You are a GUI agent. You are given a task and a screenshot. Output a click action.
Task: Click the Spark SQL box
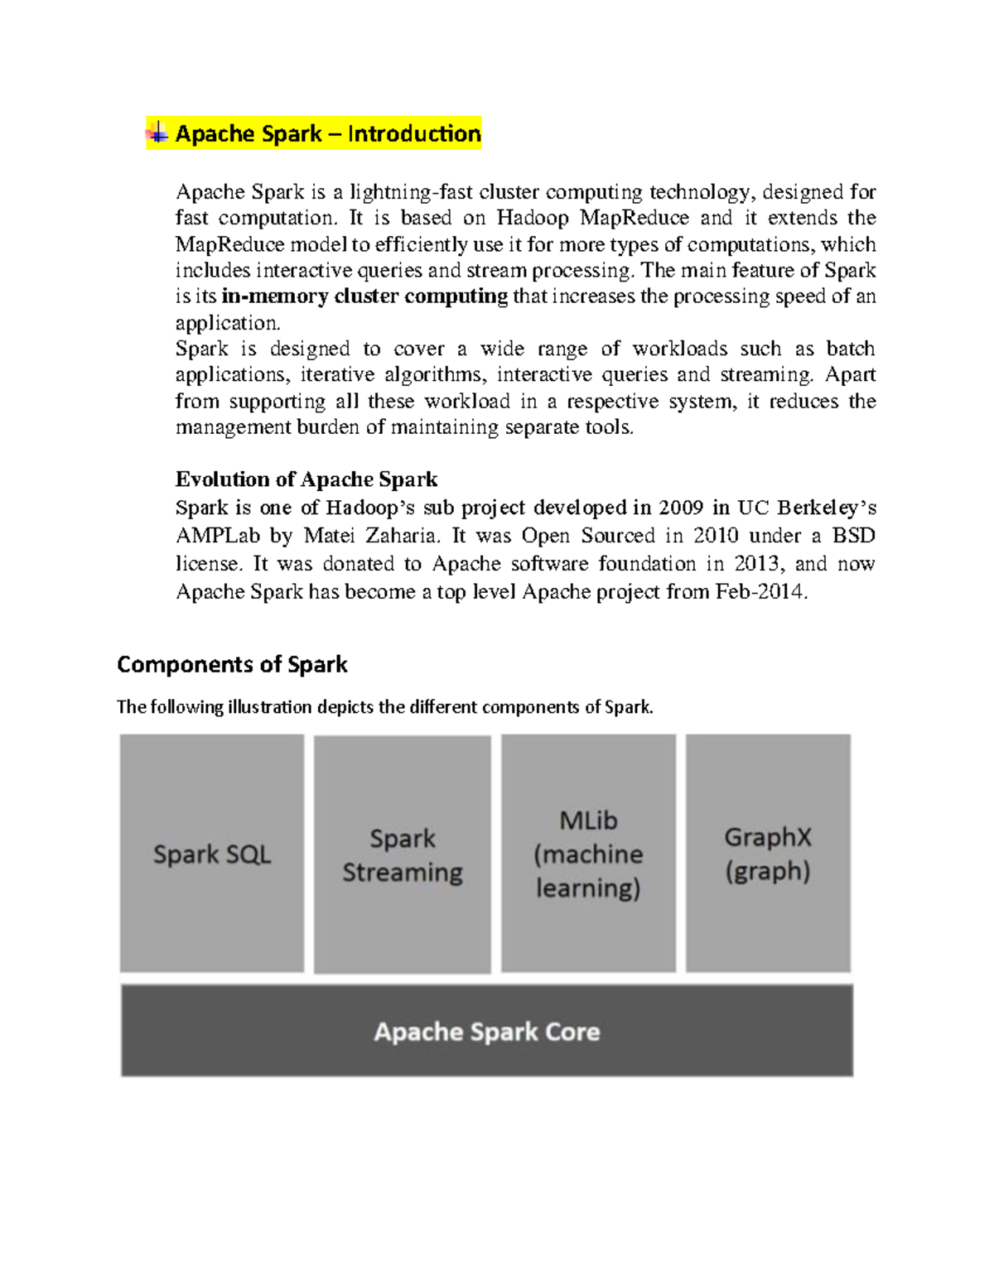click(212, 853)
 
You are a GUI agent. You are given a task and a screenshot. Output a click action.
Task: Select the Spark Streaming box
click(403, 855)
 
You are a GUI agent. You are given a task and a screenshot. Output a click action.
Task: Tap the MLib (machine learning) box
click(588, 853)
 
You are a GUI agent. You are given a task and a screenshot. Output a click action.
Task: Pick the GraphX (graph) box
click(768, 853)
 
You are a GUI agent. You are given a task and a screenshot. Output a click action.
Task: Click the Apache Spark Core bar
click(487, 1031)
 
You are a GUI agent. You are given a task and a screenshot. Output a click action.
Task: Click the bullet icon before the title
click(157, 132)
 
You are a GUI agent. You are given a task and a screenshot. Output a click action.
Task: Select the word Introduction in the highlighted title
click(414, 133)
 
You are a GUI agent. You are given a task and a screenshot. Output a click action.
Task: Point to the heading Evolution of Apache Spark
click(306, 479)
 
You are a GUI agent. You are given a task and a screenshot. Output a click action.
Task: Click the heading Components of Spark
click(232, 664)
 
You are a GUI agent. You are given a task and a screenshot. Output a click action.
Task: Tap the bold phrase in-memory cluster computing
click(364, 296)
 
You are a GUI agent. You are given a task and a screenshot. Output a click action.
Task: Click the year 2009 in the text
click(680, 508)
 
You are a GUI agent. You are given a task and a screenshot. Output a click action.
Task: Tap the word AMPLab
click(217, 536)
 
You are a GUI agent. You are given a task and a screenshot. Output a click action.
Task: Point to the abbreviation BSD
click(854, 536)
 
